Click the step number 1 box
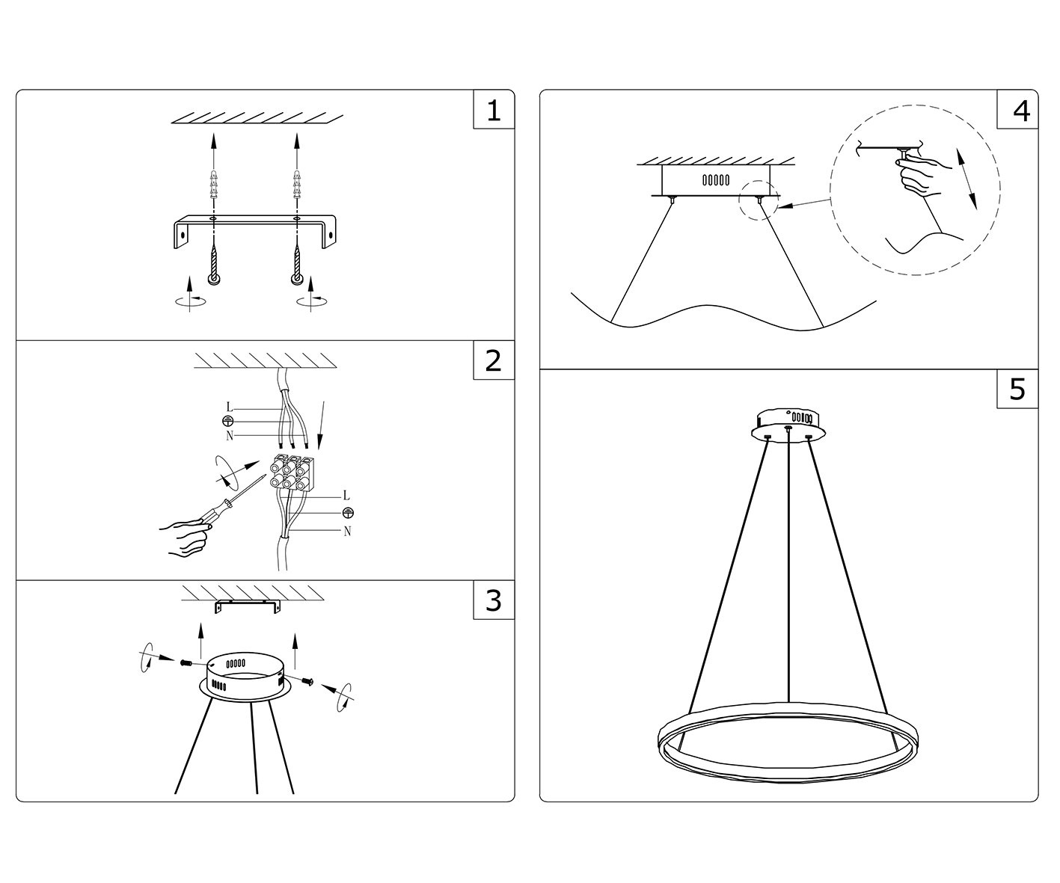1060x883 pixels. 494,110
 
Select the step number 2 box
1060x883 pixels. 494,360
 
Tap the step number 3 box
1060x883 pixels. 494,600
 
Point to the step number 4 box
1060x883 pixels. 1017,110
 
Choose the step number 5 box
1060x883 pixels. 1017,389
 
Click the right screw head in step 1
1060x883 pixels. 297,279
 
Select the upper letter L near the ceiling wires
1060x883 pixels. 230,408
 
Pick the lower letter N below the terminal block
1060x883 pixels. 347,532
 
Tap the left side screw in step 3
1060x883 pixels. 186,662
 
